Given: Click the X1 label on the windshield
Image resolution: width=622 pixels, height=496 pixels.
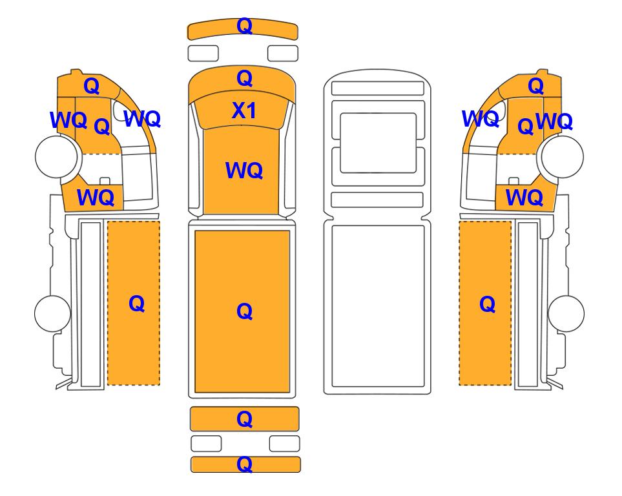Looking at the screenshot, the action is click(244, 110).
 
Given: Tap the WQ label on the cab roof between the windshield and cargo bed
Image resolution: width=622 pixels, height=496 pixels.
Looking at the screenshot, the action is click(244, 170).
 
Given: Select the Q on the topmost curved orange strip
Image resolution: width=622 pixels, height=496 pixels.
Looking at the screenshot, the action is click(244, 26).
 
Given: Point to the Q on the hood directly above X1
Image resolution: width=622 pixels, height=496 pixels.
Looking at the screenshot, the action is click(244, 79).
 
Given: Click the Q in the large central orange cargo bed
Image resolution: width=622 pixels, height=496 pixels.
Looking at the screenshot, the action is click(244, 311).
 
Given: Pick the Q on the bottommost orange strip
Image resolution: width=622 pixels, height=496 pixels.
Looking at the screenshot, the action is click(244, 464).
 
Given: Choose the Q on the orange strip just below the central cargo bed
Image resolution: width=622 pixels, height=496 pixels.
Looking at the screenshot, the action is click(244, 419).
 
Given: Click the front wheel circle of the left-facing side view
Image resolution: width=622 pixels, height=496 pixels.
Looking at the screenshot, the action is click(56, 157).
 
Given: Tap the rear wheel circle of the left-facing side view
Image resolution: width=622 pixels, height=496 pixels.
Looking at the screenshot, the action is click(52, 313).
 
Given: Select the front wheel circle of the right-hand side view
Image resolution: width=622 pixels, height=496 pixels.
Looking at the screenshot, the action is click(562, 157).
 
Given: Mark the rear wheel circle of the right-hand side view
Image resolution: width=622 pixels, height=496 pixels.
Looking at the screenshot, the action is click(566, 313).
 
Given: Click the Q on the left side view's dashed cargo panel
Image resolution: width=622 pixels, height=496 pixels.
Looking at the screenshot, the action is click(136, 304).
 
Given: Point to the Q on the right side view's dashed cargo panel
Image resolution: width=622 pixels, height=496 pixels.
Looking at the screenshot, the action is click(487, 305).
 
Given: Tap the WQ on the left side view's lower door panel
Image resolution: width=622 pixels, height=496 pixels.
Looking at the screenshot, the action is click(96, 197).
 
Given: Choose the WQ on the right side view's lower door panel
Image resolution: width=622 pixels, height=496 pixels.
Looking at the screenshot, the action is click(524, 197).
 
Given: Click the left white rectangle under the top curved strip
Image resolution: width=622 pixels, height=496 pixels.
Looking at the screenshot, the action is click(203, 53).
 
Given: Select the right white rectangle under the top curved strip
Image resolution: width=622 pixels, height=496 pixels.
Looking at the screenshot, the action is click(283, 53).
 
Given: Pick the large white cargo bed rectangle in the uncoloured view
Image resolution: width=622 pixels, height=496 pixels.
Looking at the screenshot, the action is click(378, 306).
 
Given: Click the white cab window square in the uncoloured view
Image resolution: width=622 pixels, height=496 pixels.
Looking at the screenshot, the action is click(378, 143).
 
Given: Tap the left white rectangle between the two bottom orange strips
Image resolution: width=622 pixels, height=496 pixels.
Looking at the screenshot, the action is click(206, 444).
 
